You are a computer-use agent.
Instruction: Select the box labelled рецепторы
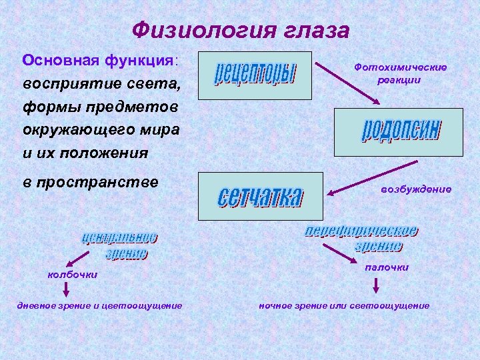click(255, 75)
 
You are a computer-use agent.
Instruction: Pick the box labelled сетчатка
click(260, 196)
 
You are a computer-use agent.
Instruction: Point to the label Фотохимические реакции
click(400, 73)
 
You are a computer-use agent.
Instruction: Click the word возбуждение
click(415, 189)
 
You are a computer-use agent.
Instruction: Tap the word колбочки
click(71, 274)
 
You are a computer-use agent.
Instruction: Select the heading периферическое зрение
click(362, 238)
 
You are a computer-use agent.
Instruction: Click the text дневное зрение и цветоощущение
click(99, 305)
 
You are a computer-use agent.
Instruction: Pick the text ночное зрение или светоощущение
click(344, 305)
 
